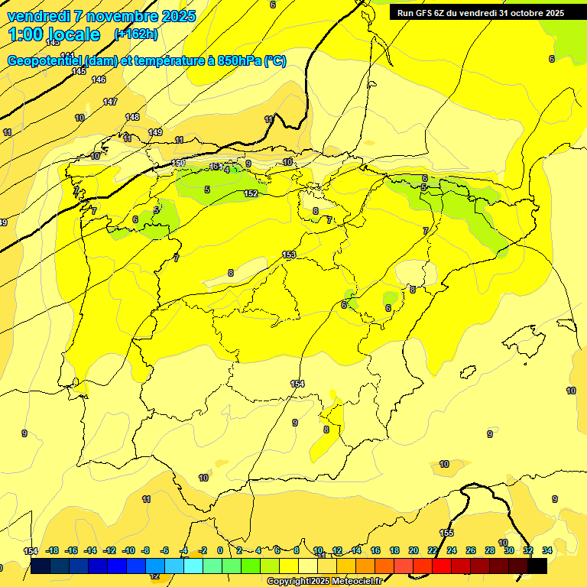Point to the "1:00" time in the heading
coord(28,34)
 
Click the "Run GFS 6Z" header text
coord(423,13)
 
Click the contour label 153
coord(289,255)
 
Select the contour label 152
coord(251,194)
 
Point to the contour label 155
coord(446,533)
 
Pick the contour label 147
coord(110,102)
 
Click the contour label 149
coord(155,132)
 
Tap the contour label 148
coord(132,117)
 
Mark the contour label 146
coord(99,79)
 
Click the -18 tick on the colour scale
coord(53,550)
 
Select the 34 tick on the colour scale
coord(547,550)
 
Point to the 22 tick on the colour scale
coord(433,550)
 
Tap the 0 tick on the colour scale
coord(220,550)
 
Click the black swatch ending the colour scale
coord(537,566)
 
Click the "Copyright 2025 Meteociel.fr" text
coord(324,582)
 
